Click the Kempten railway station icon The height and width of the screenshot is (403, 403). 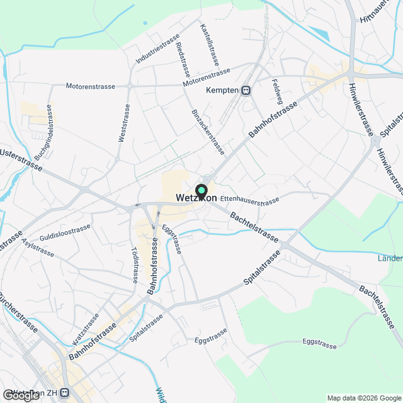click(x=246, y=91)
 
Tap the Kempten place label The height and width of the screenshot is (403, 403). click(x=222, y=91)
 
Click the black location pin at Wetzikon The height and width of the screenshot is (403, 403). click(x=201, y=191)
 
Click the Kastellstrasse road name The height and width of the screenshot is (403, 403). click(x=209, y=45)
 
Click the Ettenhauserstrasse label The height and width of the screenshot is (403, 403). click(x=250, y=201)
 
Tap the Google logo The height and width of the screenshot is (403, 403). click(x=20, y=395)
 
